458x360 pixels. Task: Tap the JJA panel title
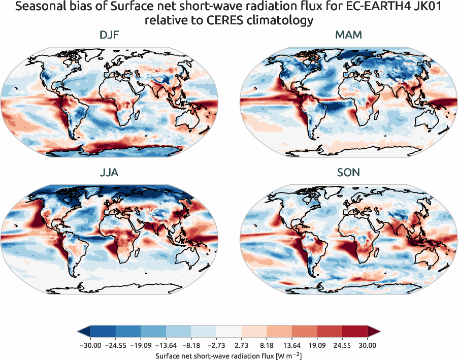coord(110,173)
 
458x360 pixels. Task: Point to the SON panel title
coord(348,173)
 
